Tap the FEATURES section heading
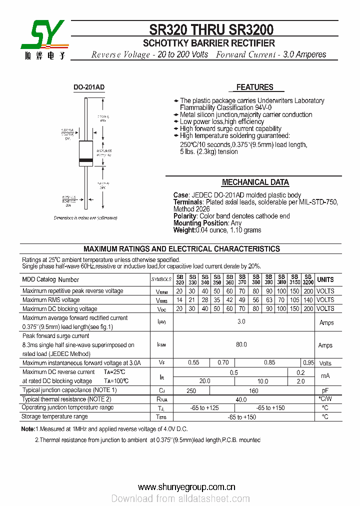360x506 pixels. coord(254,87)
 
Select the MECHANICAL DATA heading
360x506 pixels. coord(255,182)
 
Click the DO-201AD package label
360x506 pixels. coord(89,87)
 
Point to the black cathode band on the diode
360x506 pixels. coord(86,161)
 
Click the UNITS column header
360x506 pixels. coord(325,279)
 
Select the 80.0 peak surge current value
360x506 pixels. coord(241,345)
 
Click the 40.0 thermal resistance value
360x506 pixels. coord(241,399)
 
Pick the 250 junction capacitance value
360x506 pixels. coord(191,390)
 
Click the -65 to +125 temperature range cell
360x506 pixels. coord(204,408)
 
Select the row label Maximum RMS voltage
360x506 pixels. coord(51,300)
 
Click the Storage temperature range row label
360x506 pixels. coord(55,416)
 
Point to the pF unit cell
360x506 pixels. coord(325,390)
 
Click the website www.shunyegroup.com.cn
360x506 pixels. coord(186,487)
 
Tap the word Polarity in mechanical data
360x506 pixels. coord(184,216)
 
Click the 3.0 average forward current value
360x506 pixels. coord(241,322)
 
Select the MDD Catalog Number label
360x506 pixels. coord(50,280)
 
